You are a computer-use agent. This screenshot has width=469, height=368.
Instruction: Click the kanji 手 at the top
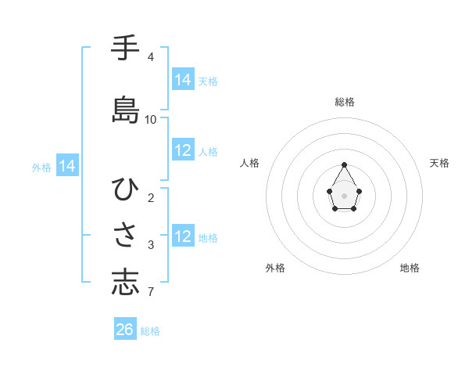[x=125, y=49]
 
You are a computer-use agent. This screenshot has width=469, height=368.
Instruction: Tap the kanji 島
[x=125, y=110]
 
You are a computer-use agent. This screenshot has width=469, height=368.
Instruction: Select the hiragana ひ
[x=125, y=189]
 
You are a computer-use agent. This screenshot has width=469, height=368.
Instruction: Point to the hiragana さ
[x=125, y=236]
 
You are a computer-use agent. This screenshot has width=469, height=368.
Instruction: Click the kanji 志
[x=125, y=283]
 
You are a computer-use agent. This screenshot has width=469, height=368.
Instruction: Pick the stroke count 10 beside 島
[x=151, y=120]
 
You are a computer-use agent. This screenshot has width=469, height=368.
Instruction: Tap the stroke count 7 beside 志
[x=151, y=293]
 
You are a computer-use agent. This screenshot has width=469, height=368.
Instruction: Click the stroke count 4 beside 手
[x=151, y=57]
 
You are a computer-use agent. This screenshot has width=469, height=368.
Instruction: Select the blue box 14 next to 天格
[x=183, y=80]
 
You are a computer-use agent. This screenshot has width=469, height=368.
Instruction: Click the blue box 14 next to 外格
[x=67, y=166]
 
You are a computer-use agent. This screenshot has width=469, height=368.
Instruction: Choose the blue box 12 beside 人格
[x=183, y=150]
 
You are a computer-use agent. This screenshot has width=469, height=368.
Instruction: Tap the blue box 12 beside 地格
[x=183, y=236]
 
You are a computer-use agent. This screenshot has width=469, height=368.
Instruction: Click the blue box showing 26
[x=125, y=330]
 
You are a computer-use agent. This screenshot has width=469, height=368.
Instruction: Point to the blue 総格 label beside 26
[x=150, y=331]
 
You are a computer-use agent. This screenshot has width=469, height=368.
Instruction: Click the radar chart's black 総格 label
[x=345, y=102]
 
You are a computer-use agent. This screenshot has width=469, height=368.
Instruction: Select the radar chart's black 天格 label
[x=440, y=163]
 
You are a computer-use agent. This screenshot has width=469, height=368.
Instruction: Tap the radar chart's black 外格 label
[x=275, y=268]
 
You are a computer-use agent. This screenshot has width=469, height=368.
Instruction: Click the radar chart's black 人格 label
[x=249, y=163]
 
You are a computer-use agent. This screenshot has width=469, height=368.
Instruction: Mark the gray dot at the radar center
[x=344, y=194]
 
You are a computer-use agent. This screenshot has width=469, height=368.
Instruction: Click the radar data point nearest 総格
[x=344, y=164]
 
